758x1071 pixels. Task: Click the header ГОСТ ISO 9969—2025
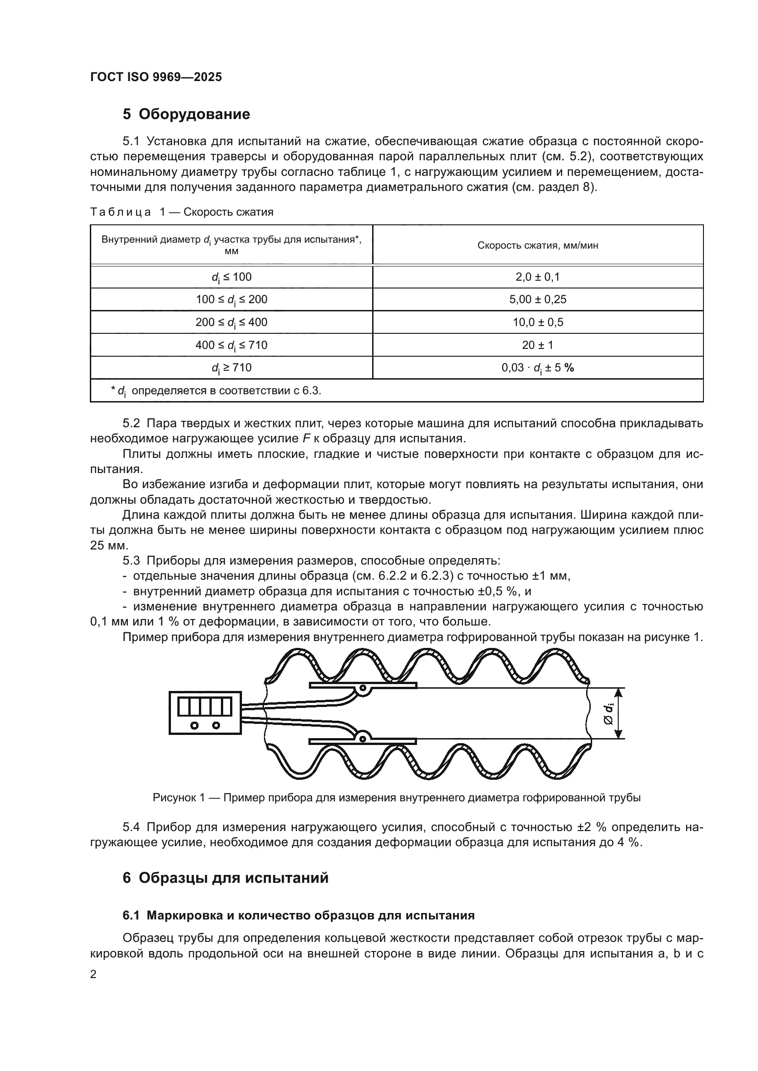[x=156, y=77]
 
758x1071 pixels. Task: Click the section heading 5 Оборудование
[x=186, y=114]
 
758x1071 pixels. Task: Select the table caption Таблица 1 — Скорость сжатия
[x=181, y=212]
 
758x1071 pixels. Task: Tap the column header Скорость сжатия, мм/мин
[x=537, y=245]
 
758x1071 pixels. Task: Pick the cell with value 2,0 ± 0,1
[x=537, y=277]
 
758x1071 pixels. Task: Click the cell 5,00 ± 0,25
[x=537, y=299]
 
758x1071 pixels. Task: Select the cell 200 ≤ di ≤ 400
[x=231, y=322]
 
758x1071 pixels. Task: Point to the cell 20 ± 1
[x=537, y=345]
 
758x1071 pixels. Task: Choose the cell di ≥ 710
[x=231, y=368]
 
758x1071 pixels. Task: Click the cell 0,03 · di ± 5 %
[x=537, y=368]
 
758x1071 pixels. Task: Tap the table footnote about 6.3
[x=216, y=391]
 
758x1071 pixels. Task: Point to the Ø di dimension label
[x=608, y=714]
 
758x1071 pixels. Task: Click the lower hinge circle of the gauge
[x=361, y=738]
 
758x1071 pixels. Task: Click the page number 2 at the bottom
[x=93, y=975]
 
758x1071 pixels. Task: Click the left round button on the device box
[x=195, y=725]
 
